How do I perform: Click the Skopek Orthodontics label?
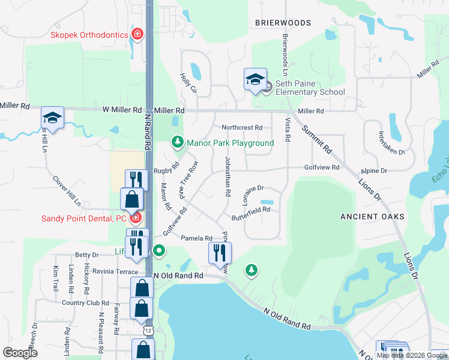point(89,34)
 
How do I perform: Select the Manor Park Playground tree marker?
point(177,142)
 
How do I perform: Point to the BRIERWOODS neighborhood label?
point(283,23)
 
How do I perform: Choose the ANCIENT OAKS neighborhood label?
point(372,216)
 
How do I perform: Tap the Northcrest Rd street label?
point(242,128)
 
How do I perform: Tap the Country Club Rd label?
point(85,304)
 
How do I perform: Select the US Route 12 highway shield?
point(147,330)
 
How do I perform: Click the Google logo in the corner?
point(20,353)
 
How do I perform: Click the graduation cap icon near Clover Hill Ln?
point(52,118)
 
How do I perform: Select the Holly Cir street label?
point(188,83)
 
